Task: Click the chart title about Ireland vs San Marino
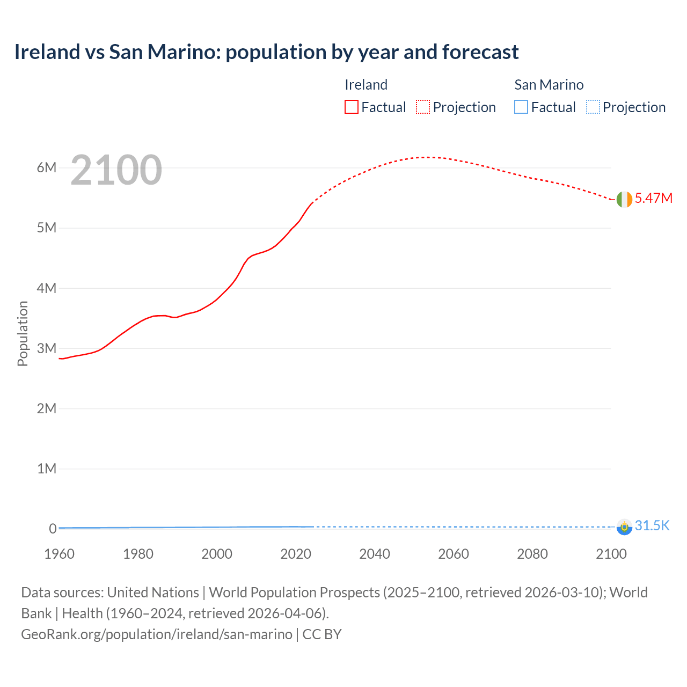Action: point(266,52)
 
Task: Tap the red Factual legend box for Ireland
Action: point(352,107)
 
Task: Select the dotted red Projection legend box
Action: point(423,107)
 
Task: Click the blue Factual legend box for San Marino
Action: point(521,107)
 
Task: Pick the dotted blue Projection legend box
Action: point(593,107)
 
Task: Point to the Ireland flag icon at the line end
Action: point(624,199)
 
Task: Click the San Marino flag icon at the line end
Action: point(624,527)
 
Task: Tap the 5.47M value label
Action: point(653,198)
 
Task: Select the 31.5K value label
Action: point(652,525)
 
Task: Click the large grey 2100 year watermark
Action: point(116,170)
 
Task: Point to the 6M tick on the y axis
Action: point(47,167)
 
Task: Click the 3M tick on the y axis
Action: point(47,348)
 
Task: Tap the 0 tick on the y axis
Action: point(53,529)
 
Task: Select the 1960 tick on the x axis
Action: point(60,554)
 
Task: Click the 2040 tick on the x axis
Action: point(375,554)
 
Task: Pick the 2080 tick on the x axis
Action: point(532,554)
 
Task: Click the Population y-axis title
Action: point(23,333)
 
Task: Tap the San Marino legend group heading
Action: point(549,85)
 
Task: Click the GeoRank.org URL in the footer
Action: point(157,634)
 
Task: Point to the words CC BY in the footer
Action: point(322,634)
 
